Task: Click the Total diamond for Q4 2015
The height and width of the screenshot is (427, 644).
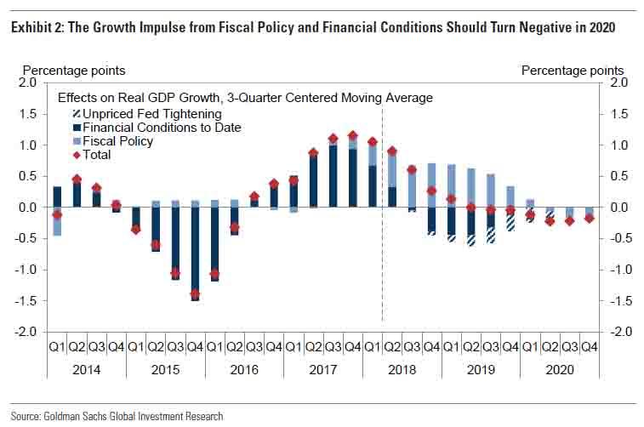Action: point(195,294)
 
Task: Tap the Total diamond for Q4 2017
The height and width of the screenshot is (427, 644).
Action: point(352,135)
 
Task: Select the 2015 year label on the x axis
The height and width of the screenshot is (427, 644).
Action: point(166,369)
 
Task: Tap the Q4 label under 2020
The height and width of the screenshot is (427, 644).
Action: point(589,347)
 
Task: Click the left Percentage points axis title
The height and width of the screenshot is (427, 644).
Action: point(73,70)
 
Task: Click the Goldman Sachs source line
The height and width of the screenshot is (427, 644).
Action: point(117,417)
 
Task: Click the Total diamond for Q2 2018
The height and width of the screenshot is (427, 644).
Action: point(392,151)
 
